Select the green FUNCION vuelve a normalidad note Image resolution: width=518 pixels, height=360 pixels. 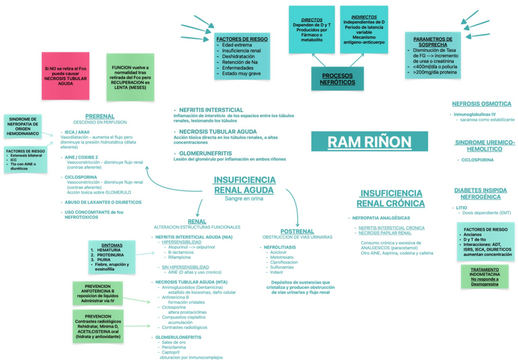click(x=131, y=76)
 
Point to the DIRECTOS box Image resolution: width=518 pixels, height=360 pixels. click(x=312, y=29)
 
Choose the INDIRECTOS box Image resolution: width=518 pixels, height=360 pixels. click(x=364, y=29)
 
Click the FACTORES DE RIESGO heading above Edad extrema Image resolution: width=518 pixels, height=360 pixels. click(x=243, y=39)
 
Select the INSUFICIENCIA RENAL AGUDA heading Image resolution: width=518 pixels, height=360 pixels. click(x=244, y=185)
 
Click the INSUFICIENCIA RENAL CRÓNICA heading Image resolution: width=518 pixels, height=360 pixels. click(x=390, y=197)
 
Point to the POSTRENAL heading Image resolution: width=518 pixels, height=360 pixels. click(x=297, y=231)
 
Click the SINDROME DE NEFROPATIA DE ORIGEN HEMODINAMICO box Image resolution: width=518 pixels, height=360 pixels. click(x=22, y=126)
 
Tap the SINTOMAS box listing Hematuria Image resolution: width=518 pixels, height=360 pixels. click(x=111, y=256)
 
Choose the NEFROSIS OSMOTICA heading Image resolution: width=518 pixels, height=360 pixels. click(x=481, y=104)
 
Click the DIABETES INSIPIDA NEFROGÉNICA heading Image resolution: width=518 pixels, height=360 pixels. click(x=480, y=194)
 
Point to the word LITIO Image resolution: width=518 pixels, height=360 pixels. click(x=462, y=207)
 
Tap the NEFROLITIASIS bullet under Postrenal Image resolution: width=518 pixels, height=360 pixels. click(x=280, y=247)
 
